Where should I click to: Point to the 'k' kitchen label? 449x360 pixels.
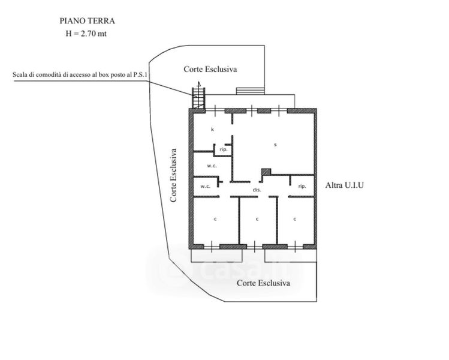click(x=212, y=130)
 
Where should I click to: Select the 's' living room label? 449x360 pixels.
click(x=275, y=145)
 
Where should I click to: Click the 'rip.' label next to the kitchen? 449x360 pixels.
click(x=223, y=149)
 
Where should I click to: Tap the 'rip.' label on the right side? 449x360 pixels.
click(x=302, y=187)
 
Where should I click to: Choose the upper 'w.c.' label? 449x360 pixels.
click(x=211, y=165)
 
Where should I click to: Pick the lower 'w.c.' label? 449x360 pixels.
click(x=205, y=186)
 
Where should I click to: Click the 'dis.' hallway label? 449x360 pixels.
click(x=257, y=190)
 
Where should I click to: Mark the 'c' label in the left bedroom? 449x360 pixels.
click(x=215, y=219)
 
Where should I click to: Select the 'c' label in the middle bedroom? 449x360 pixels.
click(x=257, y=219)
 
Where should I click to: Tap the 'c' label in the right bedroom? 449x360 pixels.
click(x=295, y=219)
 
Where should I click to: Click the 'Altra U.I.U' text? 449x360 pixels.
click(x=345, y=185)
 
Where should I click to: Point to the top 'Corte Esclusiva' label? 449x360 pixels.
click(x=210, y=70)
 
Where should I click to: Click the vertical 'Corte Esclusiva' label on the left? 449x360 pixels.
click(x=173, y=175)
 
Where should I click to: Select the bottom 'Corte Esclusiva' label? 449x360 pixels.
click(x=263, y=282)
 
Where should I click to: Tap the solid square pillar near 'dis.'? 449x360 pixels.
click(x=266, y=172)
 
